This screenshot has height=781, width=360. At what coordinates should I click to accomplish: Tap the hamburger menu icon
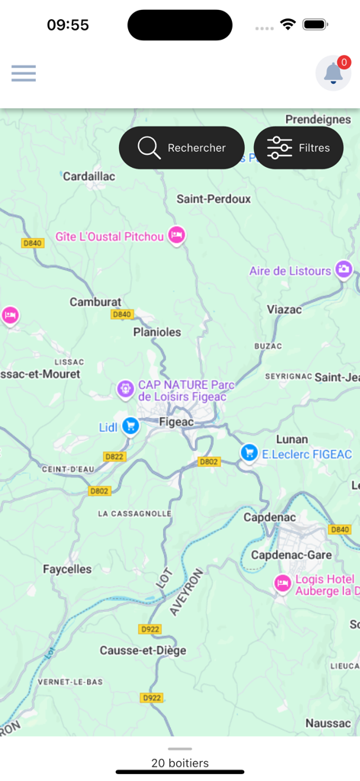(x=24, y=73)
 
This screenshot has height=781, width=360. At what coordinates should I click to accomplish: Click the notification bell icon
(x=333, y=73)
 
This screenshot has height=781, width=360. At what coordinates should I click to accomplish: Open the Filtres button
(x=298, y=148)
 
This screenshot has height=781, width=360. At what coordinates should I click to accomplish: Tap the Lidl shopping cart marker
(x=131, y=426)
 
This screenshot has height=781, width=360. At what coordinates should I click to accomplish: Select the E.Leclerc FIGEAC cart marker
(x=249, y=453)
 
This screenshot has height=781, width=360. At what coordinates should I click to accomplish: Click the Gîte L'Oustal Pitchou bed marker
(x=177, y=236)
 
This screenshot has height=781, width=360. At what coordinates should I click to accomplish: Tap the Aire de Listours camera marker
(x=344, y=269)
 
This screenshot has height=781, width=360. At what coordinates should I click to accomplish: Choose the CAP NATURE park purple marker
(x=125, y=390)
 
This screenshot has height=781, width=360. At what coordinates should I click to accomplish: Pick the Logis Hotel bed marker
(x=283, y=584)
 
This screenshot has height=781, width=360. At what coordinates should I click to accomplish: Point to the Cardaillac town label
(x=88, y=176)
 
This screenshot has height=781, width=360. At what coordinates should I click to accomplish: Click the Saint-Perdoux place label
(x=214, y=199)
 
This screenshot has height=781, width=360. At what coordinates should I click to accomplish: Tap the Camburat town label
(x=95, y=302)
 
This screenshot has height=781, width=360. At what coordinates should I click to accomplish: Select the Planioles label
(x=157, y=332)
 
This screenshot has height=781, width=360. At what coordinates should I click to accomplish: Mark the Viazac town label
(x=284, y=310)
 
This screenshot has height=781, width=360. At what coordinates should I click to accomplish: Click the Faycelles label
(x=67, y=569)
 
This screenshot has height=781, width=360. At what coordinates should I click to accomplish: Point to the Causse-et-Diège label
(x=143, y=651)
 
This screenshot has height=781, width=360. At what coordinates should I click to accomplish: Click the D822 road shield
(x=114, y=457)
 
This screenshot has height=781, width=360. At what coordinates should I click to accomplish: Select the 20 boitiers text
(x=180, y=763)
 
